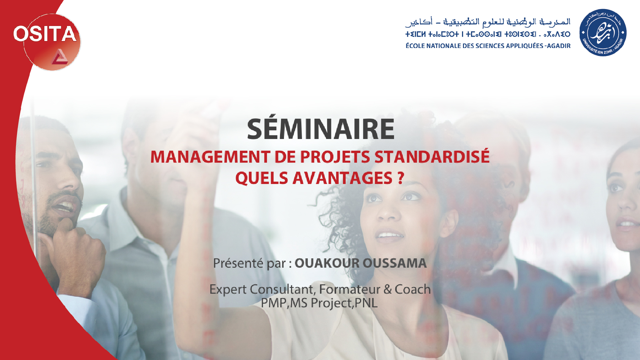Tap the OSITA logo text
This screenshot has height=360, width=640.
click(x=45, y=34)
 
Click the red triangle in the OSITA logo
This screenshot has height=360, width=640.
click(x=60, y=57)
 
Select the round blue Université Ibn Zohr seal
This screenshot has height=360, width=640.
click(x=603, y=33)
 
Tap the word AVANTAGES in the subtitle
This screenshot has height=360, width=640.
click(x=342, y=178)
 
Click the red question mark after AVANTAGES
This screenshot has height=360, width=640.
click(x=401, y=178)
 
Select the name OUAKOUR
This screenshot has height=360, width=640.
click(x=327, y=263)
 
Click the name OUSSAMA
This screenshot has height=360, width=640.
click(x=395, y=263)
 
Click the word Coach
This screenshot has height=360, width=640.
click(x=413, y=289)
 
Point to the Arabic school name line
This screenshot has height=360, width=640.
click(x=488, y=22)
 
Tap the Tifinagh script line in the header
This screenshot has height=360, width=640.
click(x=488, y=34)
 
